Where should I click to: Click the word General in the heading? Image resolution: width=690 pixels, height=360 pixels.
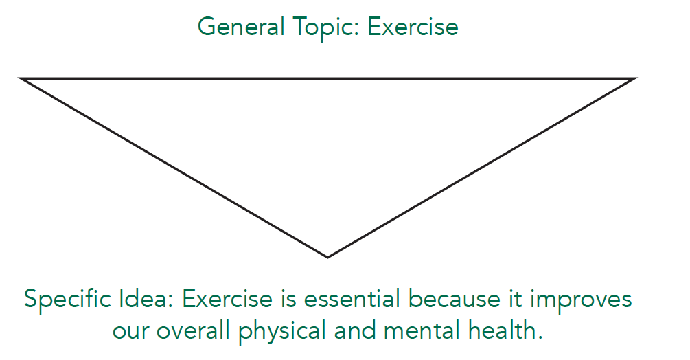(241, 27)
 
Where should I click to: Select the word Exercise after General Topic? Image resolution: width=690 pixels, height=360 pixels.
(413, 27)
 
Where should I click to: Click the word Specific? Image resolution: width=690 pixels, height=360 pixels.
(67, 300)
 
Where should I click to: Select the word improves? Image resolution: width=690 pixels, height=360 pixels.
(581, 300)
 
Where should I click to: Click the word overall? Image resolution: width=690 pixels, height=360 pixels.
(193, 330)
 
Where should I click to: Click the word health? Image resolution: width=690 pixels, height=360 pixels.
(505, 330)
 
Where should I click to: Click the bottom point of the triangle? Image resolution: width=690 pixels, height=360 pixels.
(328, 258)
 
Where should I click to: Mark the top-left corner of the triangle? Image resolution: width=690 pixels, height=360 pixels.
(19, 78)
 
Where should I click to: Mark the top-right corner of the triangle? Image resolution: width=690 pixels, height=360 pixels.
(636, 78)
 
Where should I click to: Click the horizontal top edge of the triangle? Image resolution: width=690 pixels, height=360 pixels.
(328, 78)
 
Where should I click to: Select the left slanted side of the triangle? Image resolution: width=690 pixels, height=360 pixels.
(174, 168)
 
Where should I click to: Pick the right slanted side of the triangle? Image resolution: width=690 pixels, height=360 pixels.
(482, 168)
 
